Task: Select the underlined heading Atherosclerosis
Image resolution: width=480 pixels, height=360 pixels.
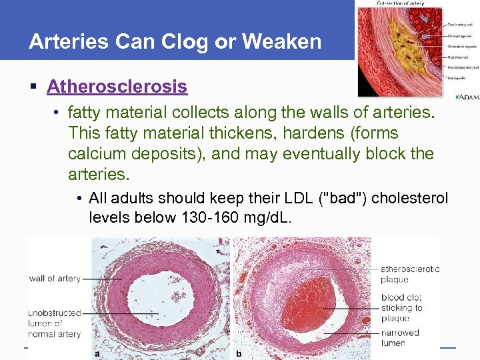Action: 117,87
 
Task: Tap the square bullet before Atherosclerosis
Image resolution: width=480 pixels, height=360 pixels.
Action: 33,87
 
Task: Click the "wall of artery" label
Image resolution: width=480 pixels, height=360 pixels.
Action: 55,278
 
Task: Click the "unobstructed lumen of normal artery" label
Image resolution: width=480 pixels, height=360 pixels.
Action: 55,323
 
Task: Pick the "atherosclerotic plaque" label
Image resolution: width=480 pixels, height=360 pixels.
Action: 409,274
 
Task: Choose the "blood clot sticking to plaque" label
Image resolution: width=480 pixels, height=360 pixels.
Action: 401,307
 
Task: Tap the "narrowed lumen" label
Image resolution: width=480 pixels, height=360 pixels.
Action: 400,337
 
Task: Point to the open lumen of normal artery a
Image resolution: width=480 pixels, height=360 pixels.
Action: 160,300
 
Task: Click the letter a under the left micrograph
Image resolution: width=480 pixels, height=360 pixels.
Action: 97,354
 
